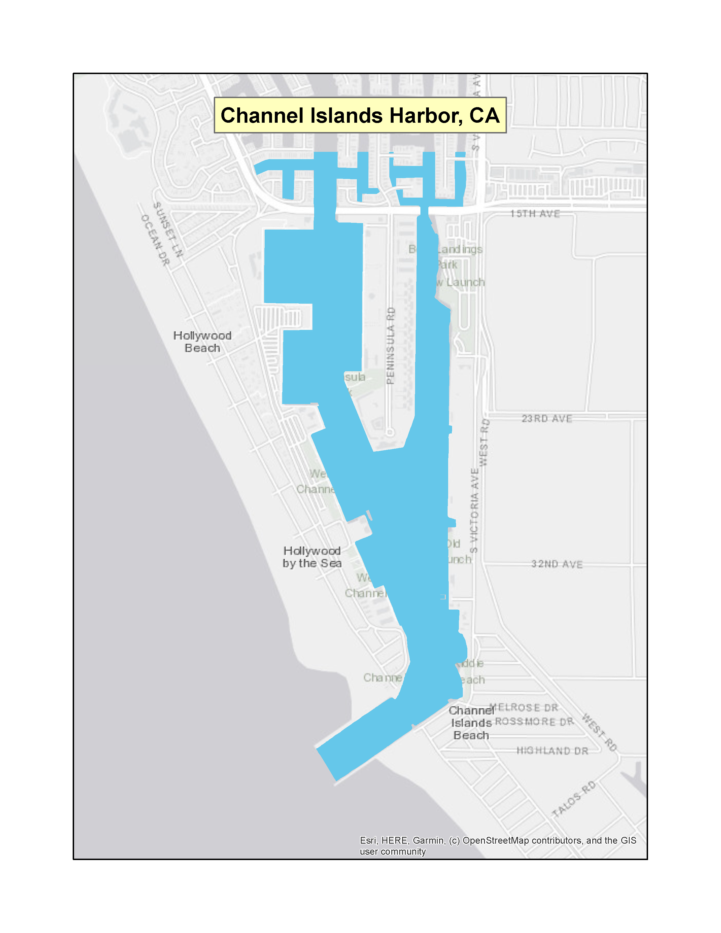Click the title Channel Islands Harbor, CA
click(x=360, y=115)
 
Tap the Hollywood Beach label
click(x=202, y=342)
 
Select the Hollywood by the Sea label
click(x=312, y=557)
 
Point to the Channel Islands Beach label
click(x=471, y=723)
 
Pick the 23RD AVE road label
click(x=547, y=419)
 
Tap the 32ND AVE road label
click(x=557, y=564)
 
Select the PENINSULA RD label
click(x=390, y=345)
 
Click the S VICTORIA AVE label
click(x=474, y=511)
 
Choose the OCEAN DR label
click(x=155, y=240)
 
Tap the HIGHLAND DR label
click(x=552, y=751)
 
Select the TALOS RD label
click(x=574, y=799)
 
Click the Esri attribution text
click(x=498, y=846)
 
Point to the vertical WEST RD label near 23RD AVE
click(x=484, y=442)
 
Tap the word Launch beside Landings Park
click(x=466, y=282)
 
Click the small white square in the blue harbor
click(x=443, y=597)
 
